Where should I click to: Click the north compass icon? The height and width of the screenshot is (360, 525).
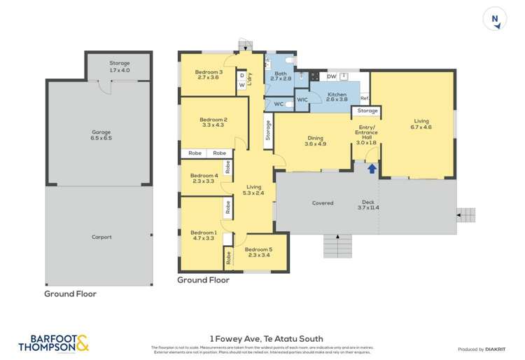(495, 20)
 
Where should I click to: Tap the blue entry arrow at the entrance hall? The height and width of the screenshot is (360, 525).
(372, 168)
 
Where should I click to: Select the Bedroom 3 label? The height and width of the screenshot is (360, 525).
(209, 76)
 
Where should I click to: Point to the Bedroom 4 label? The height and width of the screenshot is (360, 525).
(204, 179)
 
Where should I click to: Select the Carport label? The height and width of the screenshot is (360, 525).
(101, 237)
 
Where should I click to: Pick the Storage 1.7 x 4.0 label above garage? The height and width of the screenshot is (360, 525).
(119, 67)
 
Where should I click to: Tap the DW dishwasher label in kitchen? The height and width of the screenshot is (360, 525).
(332, 76)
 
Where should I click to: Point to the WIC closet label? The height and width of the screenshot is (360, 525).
(302, 100)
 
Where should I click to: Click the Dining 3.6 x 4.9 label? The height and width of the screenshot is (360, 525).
(316, 141)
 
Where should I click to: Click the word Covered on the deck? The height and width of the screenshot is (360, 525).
(322, 203)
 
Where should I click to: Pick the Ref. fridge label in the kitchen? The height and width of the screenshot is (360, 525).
(365, 99)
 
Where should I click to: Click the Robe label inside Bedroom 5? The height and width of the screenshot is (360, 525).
(228, 258)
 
